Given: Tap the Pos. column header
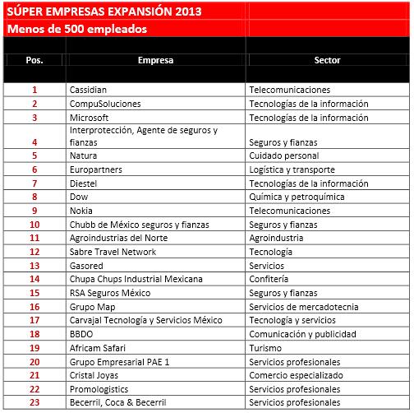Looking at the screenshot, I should point(34,60).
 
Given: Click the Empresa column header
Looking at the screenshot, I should point(155,60).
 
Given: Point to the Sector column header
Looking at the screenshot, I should point(327,60).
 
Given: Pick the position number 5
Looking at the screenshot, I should point(34,155).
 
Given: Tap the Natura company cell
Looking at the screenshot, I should point(85,155).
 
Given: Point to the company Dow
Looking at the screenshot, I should point(80,197).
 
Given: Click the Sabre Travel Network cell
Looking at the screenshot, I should point(113,252).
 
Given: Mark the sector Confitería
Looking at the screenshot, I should point(272,279).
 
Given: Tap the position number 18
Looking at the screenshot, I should point(34,334).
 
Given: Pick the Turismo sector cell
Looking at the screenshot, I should point(267,348).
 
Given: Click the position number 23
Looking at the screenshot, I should point(34,403).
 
